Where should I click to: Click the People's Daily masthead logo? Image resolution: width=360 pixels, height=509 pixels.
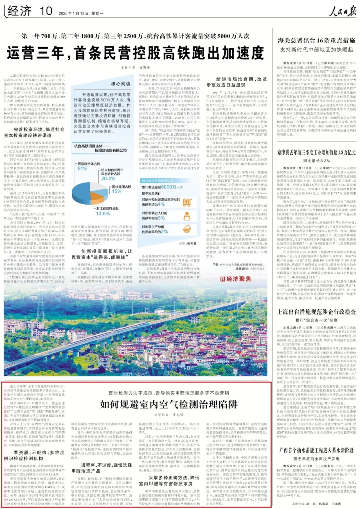coord(341,12)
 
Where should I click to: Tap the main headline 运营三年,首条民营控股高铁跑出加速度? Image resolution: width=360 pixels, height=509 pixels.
coord(135,53)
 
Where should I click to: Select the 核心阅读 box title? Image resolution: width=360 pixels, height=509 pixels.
coord(121,84)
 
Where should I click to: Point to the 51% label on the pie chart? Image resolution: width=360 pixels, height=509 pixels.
coord(82,169)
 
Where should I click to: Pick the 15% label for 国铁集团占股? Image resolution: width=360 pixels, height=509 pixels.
coord(117,191)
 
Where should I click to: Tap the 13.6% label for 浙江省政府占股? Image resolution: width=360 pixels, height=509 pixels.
coord(103,213)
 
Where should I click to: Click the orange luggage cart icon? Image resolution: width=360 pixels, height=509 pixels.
coord(187,202)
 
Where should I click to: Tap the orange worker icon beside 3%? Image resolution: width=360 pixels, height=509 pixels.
coord(187,216)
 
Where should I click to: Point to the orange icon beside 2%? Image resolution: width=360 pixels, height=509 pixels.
coord(187,229)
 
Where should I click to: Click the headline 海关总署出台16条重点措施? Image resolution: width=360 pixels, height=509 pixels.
coord(316,40)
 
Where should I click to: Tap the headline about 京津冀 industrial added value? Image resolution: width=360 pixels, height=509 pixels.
coord(316,152)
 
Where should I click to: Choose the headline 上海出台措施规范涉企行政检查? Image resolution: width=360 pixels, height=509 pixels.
coord(316,312)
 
